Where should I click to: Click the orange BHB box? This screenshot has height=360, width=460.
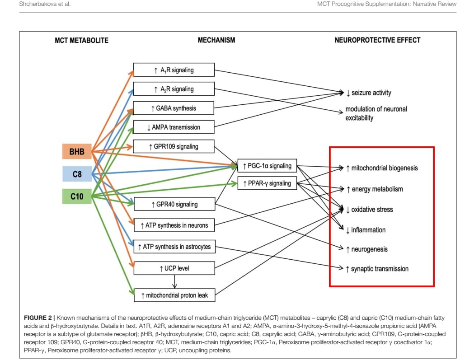[77, 152]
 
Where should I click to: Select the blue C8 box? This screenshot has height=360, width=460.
[77, 174]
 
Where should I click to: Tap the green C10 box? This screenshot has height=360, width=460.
[77, 196]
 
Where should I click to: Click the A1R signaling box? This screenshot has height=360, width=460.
[174, 70]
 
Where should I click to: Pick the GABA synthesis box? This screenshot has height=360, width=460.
[174, 108]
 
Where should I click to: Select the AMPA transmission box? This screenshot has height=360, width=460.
[174, 127]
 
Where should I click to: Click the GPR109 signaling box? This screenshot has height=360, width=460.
[174, 147]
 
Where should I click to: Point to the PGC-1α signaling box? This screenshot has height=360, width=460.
[268, 166]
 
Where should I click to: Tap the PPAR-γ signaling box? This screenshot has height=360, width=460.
[268, 183]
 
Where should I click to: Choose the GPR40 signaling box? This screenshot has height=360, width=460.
[174, 205]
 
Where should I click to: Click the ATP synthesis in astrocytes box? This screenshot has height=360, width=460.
[174, 247]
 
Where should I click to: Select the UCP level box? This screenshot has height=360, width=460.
[174, 268]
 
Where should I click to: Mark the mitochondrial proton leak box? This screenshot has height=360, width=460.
[174, 295]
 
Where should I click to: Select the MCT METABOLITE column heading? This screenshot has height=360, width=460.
[81, 41]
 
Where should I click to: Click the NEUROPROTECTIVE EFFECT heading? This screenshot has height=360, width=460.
[377, 40]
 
